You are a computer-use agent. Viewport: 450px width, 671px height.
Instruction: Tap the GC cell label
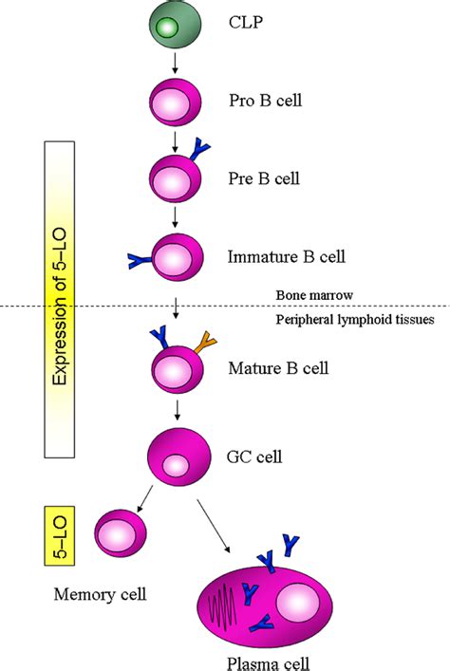[x=254, y=457]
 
